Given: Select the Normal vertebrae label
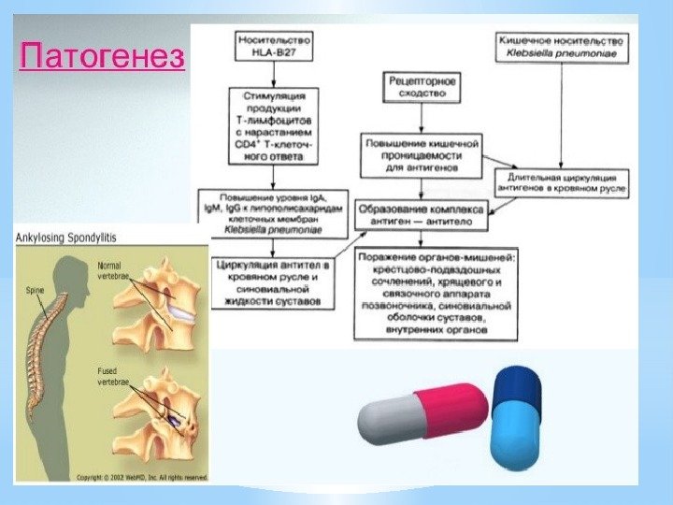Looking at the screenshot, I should [109, 270].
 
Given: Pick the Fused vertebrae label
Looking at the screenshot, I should [109, 377].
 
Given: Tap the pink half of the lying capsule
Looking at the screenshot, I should [454, 411].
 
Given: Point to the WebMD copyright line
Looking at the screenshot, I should [140, 477].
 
